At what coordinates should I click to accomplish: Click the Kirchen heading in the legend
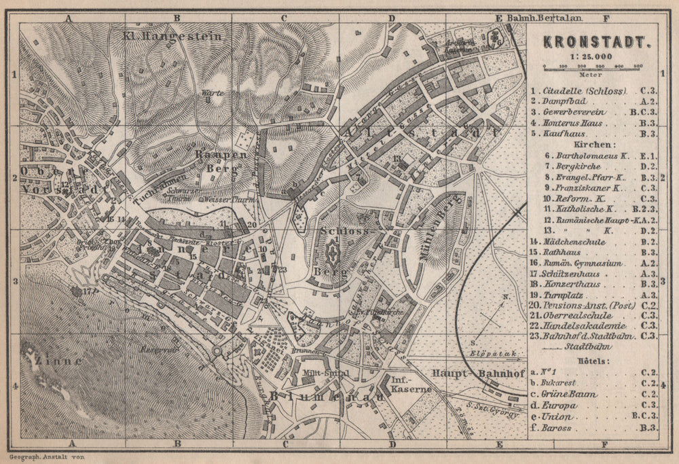click(x=589, y=144)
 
